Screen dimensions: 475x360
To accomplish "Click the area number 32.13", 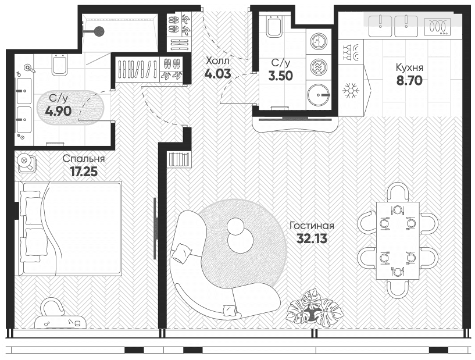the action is [312, 238].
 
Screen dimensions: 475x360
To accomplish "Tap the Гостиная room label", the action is [312, 226].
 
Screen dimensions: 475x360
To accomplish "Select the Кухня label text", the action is [409, 67].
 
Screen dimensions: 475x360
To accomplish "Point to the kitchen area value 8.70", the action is [409, 81].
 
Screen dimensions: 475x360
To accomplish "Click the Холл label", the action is [217, 61].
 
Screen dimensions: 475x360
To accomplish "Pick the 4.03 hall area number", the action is [217, 74].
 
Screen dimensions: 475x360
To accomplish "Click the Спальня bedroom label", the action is [84, 159].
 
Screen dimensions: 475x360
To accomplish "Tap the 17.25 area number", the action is [84, 172].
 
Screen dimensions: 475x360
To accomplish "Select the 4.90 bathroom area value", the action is [58, 111].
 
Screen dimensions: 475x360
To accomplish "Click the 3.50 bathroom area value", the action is [280, 76].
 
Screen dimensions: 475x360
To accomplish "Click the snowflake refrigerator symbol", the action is [351, 90].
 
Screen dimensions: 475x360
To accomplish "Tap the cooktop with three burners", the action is [437, 26].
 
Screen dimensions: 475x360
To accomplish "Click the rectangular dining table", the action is [398, 240].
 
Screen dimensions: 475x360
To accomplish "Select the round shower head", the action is [99, 31].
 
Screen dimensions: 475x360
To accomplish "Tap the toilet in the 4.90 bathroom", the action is [59, 64].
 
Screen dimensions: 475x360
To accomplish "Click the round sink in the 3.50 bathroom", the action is [317, 95].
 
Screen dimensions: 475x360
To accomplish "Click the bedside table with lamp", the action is [26, 163].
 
